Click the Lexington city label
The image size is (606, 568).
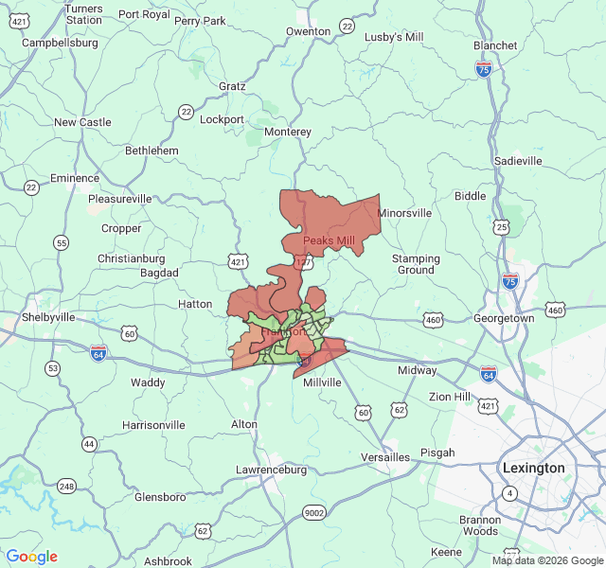pyautogui.click(x=534, y=468)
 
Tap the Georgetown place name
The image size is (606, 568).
pyautogui.click(x=504, y=319)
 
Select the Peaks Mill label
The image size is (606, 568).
pyautogui.click(x=329, y=240)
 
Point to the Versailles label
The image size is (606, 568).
pyautogui.click(x=385, y=457)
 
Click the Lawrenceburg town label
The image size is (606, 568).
pyautogui.click(x=271, y=470)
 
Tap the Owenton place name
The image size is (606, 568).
pyautogui.click(x=309, y=31)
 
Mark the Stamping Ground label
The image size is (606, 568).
pyautogui.click(x=416, y=264)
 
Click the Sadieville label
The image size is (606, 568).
pyautogui.click(x=518, y=161)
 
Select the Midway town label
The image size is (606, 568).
pyautogui.click(x=417, y=370)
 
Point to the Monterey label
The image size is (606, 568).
pyautogui.click(x=288, y=132)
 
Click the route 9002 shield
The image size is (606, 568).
pyautogui.click(x=313, y=512)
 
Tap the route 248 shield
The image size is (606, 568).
pyautogui.click(x=66, y=487)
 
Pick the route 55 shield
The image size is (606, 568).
pyautogui.click(x=62, y=243)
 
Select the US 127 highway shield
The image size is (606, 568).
pyautogui.click(x=304, y=262)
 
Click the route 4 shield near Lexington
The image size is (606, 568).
pyautogui.click(x=510, y=493)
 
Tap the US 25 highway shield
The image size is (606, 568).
pyautogui.click(x=501, y=227)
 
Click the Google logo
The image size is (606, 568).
pyautogui.click(x=31, y=557)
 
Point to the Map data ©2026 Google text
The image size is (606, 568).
pyautogui.click(x=546, y=560)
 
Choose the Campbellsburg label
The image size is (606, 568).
pyautogui.click(x=60, y=43)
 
